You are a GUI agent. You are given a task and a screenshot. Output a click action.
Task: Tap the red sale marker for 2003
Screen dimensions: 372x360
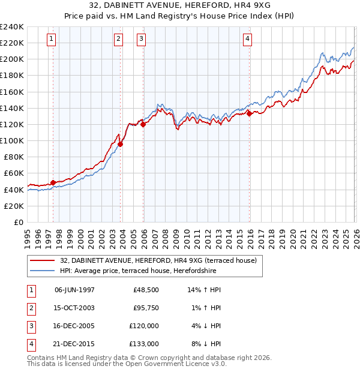click(x=121, y=144)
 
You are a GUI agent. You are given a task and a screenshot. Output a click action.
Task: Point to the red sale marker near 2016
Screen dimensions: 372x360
click(x=249, y=113)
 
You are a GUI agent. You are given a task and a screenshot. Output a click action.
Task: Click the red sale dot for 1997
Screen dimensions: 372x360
click(x=53, y=182)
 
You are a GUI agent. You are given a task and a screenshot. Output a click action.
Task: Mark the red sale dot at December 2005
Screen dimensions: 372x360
click(x=143, y=124)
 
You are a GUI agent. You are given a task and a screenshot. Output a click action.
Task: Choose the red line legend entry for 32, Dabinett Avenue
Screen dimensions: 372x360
click(x=158, y=260)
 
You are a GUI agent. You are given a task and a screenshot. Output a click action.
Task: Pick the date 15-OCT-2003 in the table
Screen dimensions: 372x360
click(x=74, y=308)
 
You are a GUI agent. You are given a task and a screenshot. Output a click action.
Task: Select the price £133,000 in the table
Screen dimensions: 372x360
click(x=144, y=344)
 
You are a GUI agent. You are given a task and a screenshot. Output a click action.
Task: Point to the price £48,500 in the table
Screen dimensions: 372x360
click(x=146, y=290)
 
